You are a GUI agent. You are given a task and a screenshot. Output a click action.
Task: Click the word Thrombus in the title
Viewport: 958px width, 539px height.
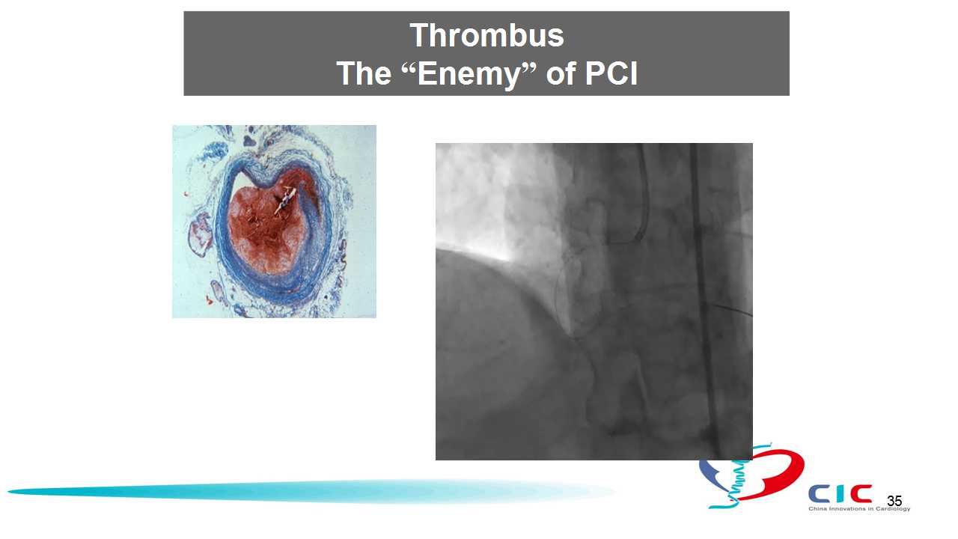486,35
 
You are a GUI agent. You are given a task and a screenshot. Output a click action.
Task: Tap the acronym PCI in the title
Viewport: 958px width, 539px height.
611,73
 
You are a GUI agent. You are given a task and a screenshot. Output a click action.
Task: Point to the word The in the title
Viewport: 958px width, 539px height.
364,73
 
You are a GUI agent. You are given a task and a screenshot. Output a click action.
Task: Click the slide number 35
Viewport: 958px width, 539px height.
894,501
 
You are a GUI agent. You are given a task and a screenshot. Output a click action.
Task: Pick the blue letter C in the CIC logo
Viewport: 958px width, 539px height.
819,494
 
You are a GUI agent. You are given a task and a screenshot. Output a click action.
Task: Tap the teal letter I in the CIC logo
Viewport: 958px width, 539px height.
840,494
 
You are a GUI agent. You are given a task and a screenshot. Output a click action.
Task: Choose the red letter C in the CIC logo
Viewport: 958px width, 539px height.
861,494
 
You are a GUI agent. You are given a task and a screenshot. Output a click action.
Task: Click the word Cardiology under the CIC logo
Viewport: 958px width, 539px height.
893,509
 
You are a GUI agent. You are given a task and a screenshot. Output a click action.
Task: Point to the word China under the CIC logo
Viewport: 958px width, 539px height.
817,508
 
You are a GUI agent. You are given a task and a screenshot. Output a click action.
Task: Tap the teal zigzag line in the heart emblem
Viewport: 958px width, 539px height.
741,475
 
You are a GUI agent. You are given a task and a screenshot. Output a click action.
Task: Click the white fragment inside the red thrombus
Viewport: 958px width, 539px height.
285,200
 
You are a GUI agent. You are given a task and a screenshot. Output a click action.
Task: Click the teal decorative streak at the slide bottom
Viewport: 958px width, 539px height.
312,492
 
